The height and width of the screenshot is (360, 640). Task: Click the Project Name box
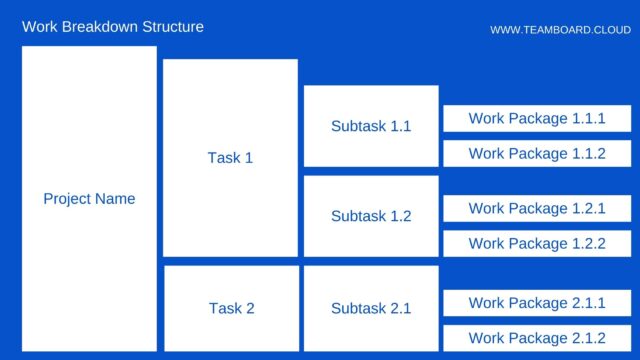tap(89, 198)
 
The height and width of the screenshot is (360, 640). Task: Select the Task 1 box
tap(230, 158)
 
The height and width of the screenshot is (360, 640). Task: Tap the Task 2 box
tap(231, 308)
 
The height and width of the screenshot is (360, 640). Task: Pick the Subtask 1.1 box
tap(371, 126)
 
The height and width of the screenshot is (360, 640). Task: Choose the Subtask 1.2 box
tap(371, 216)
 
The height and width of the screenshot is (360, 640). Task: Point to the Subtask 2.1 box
tap(371, 308)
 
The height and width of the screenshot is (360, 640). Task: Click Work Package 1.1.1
tap(537, 119)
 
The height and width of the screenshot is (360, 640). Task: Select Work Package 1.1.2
tap(537, 154)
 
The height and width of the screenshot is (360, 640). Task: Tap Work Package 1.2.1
tap(537, 209)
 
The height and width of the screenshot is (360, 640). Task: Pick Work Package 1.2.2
tap(537, 243)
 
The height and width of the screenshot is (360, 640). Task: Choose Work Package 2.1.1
tap(537, 303)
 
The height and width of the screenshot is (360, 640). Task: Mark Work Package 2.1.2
tap(537, 338)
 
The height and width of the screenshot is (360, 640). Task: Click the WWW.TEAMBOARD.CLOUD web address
tap(560, 30)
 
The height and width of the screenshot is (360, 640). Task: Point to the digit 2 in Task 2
tap(250, 308)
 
